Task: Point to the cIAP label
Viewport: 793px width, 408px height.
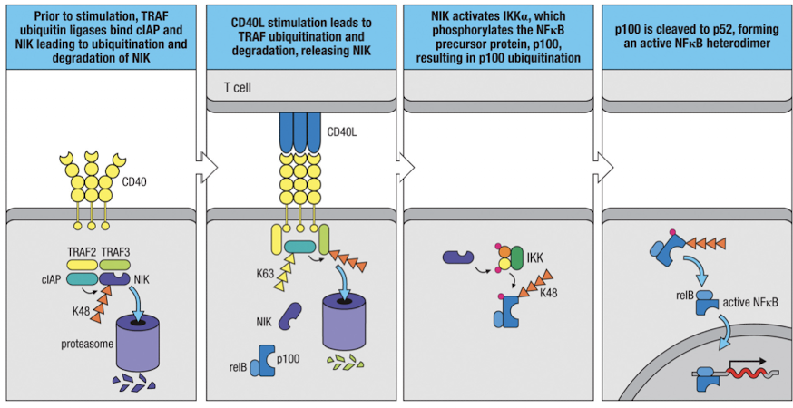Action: point(52,281)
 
